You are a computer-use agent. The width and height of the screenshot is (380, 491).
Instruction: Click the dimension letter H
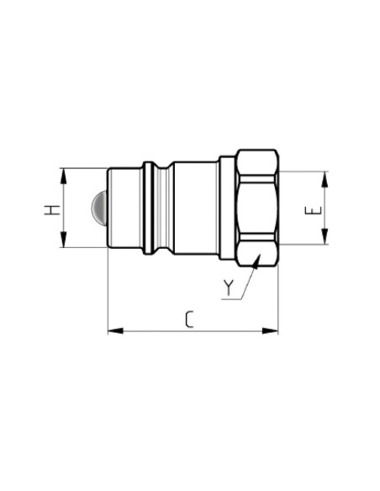51,209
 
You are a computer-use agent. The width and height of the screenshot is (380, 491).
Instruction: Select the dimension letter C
190,319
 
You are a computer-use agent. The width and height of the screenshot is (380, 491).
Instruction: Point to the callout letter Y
228,288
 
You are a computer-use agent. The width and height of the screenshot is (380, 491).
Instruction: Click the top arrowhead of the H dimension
63,172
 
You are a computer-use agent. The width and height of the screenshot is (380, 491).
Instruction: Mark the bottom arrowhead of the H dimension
63,243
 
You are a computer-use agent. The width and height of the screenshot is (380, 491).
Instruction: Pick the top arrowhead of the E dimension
325,175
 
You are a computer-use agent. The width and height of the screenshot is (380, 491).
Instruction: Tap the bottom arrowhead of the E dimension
325,240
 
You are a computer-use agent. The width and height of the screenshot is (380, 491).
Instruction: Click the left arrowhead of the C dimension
113,331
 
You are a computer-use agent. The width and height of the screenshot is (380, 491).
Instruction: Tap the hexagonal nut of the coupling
256,208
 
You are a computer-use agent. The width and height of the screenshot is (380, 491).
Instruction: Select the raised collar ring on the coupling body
149,208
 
